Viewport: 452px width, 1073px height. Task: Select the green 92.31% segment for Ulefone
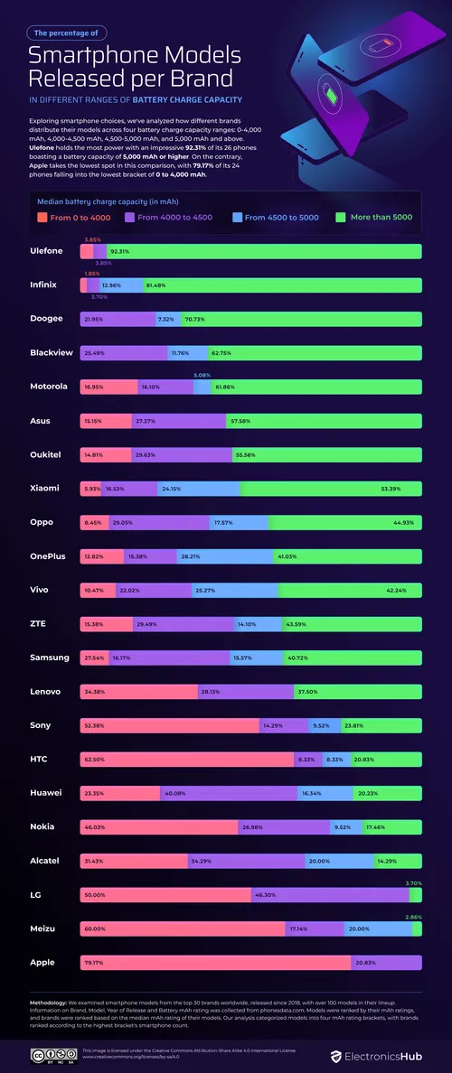pyautogui.click(x=271, y=251)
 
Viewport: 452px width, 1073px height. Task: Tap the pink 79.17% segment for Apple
pyautogui.click(x=215, y=963)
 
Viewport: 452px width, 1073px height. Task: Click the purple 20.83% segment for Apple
pyautogui.click(x=385, y=963)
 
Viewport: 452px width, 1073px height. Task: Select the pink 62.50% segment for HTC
pyautogui.click(x=186, y=760)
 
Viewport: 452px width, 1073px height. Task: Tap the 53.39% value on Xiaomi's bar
pyautogui.click(x=391, y=489)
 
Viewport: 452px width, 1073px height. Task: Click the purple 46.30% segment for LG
pyautogui.click(x=329, y=895)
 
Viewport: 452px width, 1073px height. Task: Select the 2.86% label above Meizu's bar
pyautogui.click(x=413, y=917)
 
